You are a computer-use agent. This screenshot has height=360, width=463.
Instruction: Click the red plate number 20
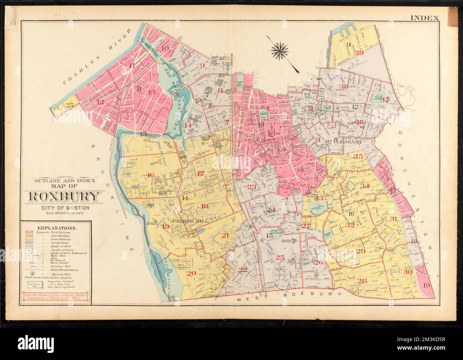pyautogui.click(x=192, y=273)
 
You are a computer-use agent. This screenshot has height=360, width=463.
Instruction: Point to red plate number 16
pyautogui.click(x=150, y=175)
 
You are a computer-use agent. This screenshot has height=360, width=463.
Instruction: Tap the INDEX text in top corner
pyautogui.click(x=425, y=17)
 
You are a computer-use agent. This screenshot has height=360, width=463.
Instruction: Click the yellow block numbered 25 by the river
pyautogui.click(x=70, y=104)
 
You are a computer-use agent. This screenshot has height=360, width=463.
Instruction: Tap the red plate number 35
pyautogui.click(x=358, y=156)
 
